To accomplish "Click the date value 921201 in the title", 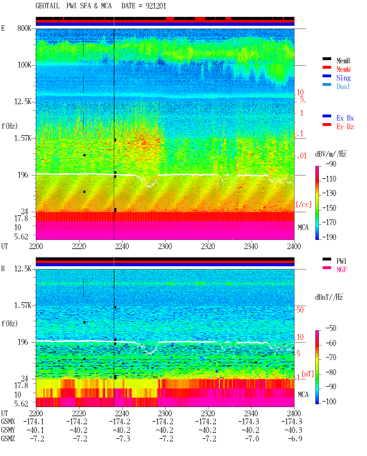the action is [x=156, y=6].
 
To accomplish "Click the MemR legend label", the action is [x=343, y=61].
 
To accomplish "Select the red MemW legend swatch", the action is [x=327, y=67].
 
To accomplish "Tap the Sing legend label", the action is [x=343, y=78].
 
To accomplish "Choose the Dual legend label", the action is [x=343, y=86].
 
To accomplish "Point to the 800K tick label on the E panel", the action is [x=24, y=28].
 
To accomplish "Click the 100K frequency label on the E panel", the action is [x=24, y=65].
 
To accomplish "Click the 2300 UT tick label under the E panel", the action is [x=165, y=246].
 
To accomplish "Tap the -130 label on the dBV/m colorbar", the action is [x=329, y=193].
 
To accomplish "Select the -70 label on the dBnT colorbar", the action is [x=331, y=358].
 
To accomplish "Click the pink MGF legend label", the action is [x=342, y=270].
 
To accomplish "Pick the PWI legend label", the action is [x=341, y=261].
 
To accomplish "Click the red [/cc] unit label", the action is [x=304, y=204].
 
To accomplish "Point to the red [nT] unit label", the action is [x=308, y=374].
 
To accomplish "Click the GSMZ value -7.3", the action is [x=123, y=439].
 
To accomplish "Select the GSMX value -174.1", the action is [x=34, y=421].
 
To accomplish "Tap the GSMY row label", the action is [x=8, y=430].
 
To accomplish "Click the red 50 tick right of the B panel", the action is [x=300, y=310].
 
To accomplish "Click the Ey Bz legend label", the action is [x=345, y=127].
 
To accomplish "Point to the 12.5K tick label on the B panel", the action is [x=22, y=269].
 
